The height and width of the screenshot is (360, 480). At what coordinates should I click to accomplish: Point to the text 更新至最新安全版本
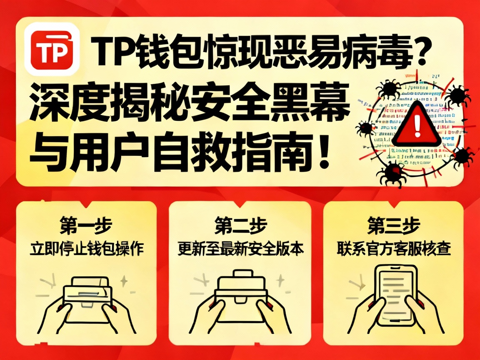tap(240, 249)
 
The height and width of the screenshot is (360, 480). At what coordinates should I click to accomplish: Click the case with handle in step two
tap(240, 292)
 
